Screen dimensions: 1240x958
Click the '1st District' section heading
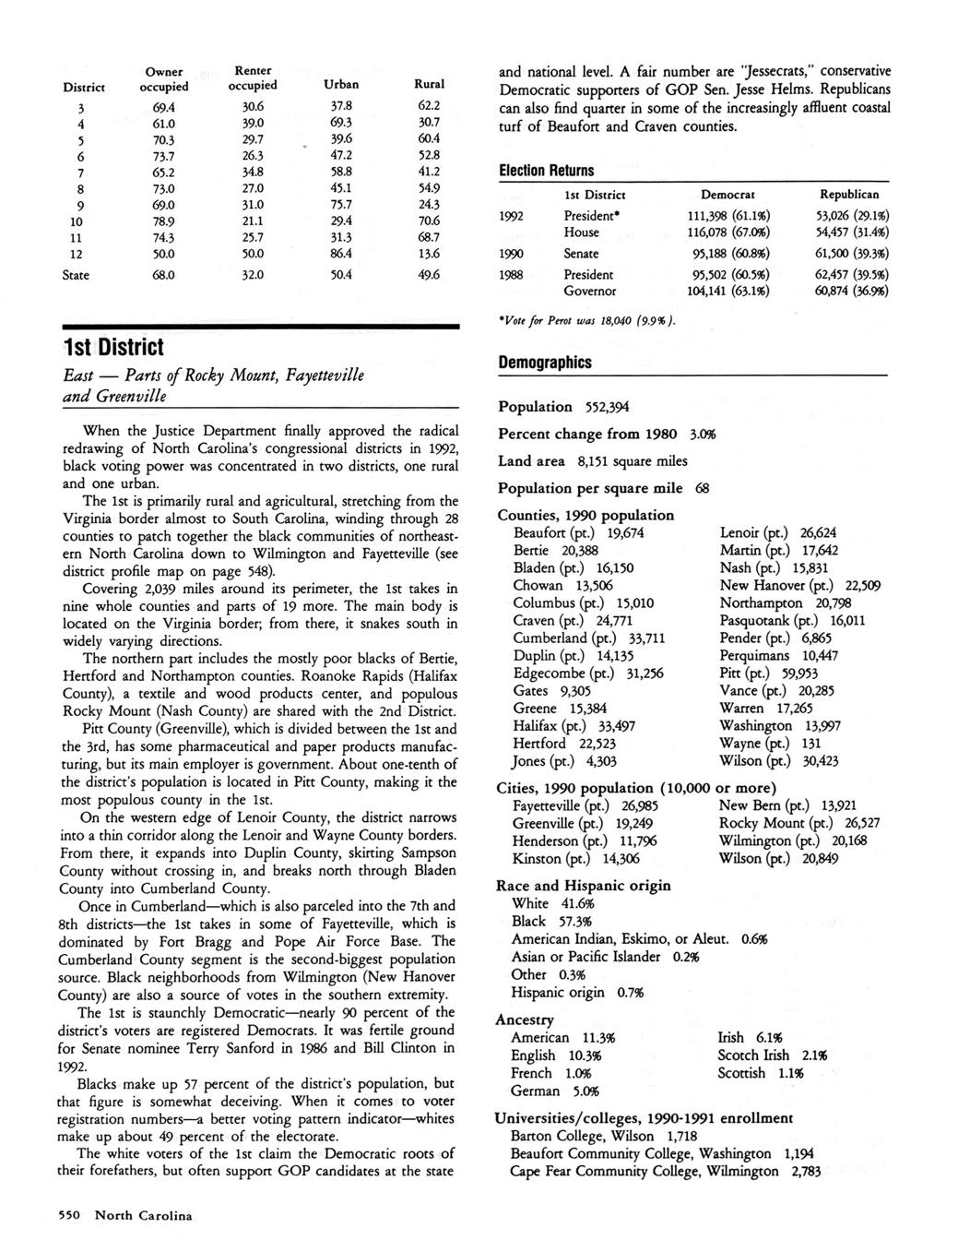112,348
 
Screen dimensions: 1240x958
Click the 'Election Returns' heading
546,171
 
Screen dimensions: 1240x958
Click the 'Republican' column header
848,195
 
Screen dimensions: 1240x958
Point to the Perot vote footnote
587,320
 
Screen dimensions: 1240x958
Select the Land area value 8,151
598,461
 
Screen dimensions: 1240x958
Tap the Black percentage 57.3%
572,921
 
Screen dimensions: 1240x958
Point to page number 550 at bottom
72,1215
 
